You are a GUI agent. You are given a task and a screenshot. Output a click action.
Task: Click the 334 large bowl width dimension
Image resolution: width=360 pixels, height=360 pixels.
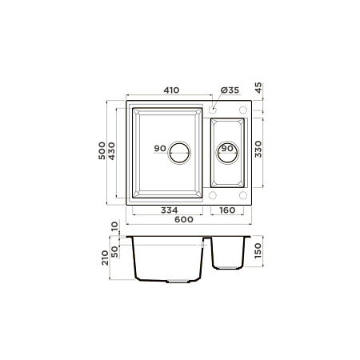point(169,210)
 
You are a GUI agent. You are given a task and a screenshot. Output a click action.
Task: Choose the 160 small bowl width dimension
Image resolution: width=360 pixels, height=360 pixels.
point(227,210)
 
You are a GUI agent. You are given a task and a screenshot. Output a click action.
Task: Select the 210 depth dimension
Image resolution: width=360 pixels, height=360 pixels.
point(104,258)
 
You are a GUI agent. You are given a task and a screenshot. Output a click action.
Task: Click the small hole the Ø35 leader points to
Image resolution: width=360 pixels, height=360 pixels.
point(215,106)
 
